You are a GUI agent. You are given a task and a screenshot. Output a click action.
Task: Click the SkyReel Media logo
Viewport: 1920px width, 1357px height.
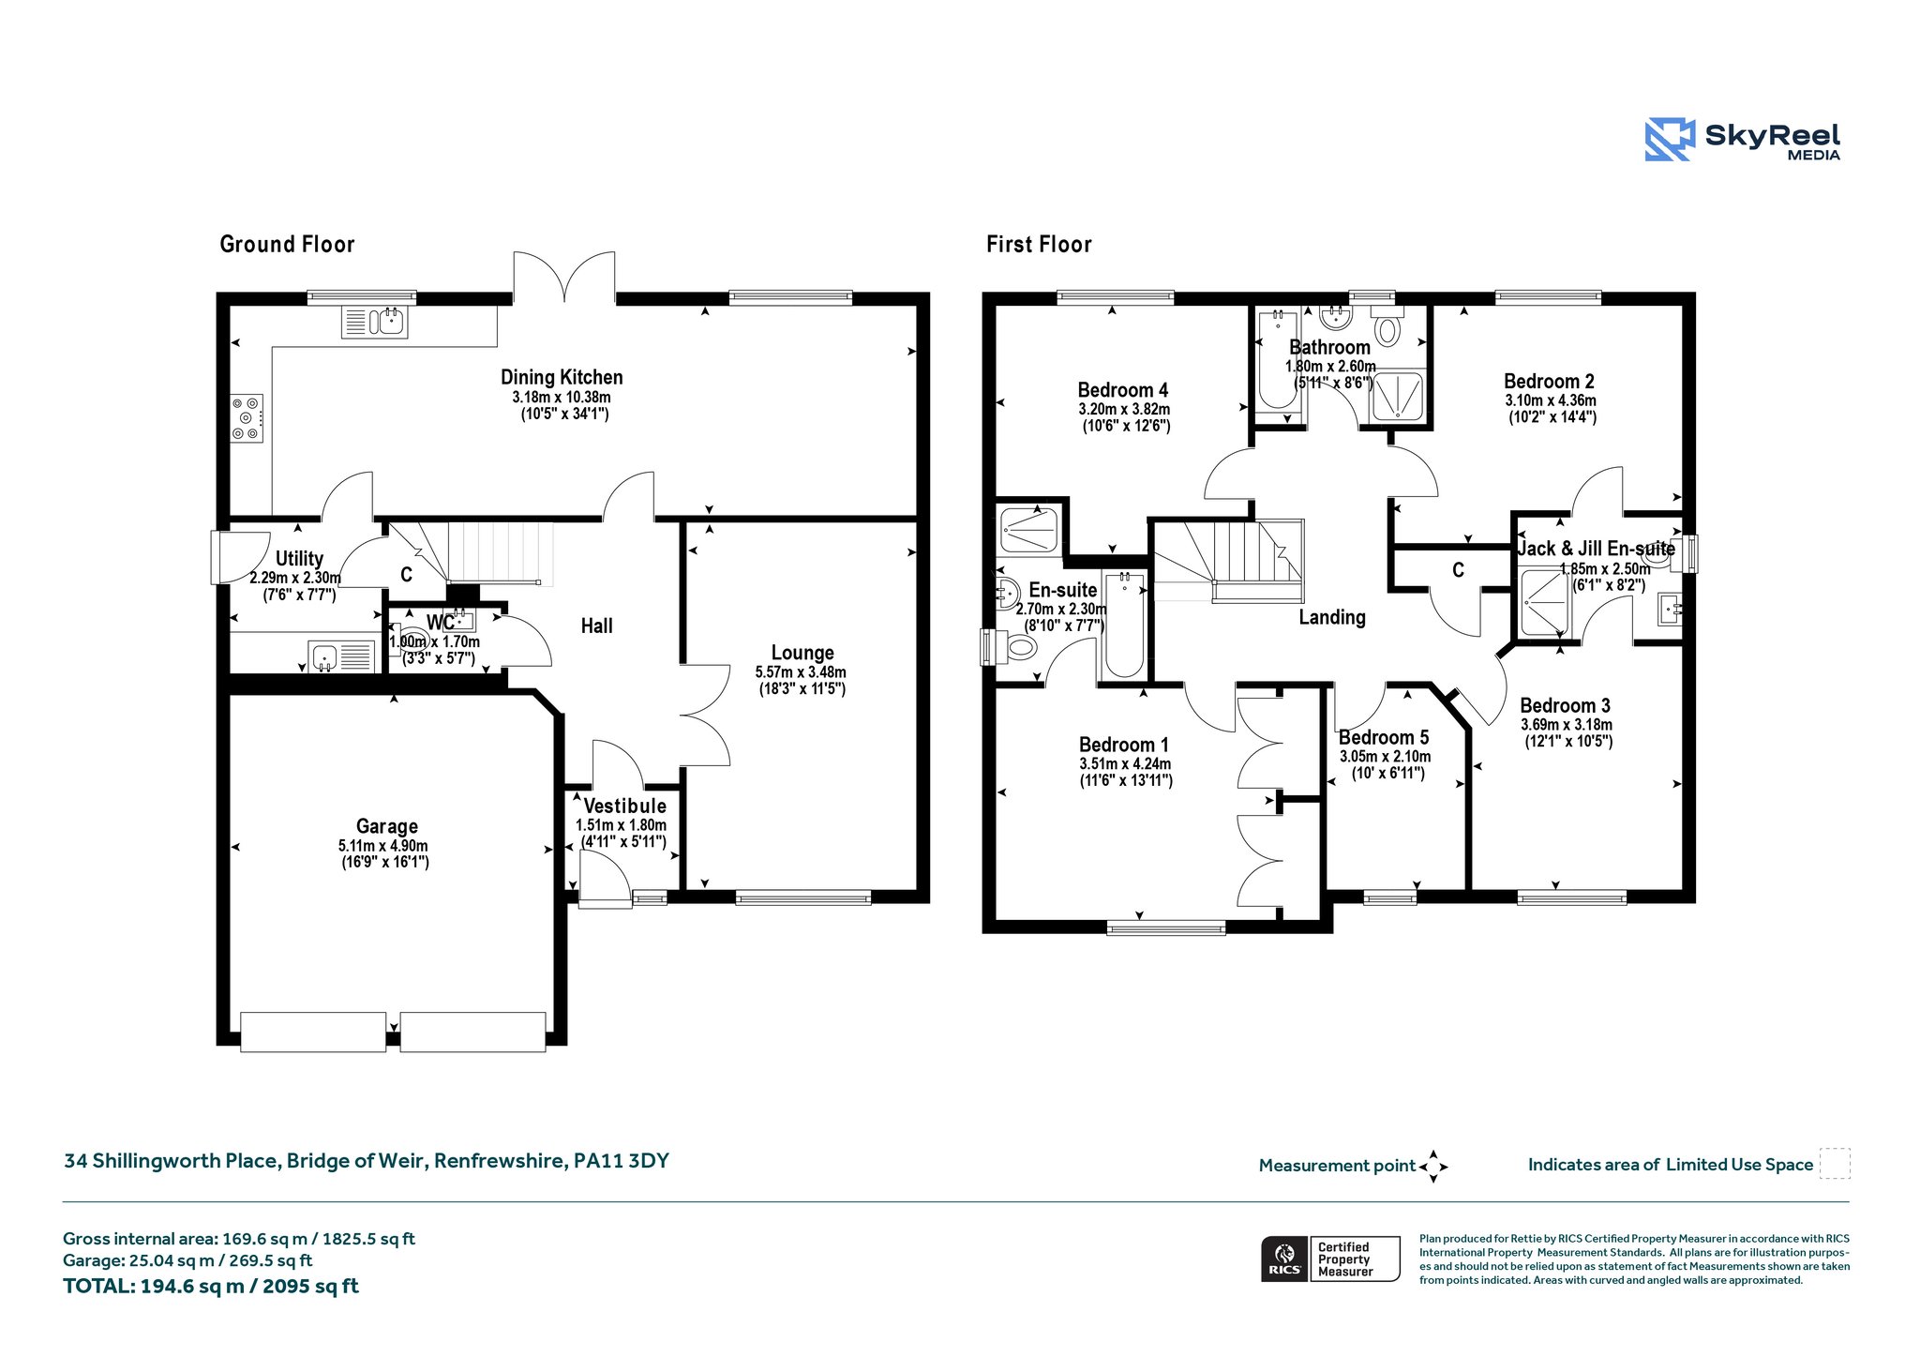pyautogui.click(x=1743, y=140)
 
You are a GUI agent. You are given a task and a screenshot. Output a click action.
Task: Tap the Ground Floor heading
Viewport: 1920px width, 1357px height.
pyautogui.click(x=287, y=245)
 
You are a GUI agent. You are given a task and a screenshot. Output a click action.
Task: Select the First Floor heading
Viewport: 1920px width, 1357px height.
pyautogui.click(x=1039, y=245)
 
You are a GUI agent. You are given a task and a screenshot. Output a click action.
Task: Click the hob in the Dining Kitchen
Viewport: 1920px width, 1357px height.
pyautogui.click(x=247, y=417)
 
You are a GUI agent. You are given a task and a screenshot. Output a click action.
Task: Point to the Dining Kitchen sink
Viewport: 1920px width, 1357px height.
pyautogui.click(x=374, y=322)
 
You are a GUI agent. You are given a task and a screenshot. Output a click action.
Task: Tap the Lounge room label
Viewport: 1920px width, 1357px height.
pyautogui.click(x=802, y=653)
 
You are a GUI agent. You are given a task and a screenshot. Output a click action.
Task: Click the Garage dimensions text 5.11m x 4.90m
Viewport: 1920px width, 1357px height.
pyautogui.click(x=383, y=846)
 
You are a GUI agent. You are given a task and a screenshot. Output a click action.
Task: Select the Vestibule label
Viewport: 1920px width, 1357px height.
pyautogui.click(x=625, y=806)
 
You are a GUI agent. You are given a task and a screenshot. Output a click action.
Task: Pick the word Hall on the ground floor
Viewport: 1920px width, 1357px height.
pyautogui.click(x=597, y=626)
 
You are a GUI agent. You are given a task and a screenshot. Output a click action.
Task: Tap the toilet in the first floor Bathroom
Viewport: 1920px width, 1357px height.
pyautogui.click(x=1387, y=327)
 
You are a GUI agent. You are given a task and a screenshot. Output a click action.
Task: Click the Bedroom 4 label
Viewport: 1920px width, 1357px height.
pyautogui.click(x=1123, y=390)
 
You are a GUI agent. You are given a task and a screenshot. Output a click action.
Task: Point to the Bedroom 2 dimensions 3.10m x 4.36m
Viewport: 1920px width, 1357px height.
pyautogui.click(x=1551, y=400)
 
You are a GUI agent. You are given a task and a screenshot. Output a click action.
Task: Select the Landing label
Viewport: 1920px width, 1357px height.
pyautogui.click(x=1332, y=617)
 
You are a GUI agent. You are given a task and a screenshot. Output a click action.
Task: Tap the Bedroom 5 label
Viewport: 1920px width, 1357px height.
pyautogui.click(x=1384, y=738)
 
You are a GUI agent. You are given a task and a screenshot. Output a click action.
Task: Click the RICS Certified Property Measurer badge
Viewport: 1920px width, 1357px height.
pyautogui.click(x=1330, y=1259)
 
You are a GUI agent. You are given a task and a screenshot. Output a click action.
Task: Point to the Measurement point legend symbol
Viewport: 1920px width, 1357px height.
pyautogui.click(x=1433, y=1167)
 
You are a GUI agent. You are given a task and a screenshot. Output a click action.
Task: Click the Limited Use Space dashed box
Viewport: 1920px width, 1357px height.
pyautogui.click(x=1835, y=1163)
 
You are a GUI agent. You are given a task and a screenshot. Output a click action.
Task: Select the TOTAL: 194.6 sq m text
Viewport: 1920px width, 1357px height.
pyautogui.click(x=211, y=1286)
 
